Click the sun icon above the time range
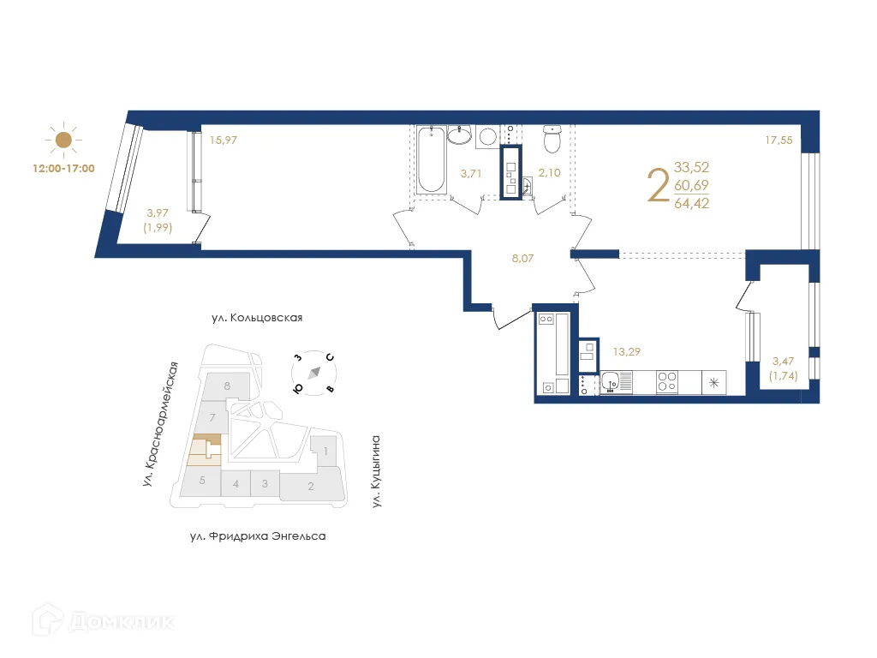pyautogui.click(x=63, y=140)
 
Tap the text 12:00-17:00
pyautogui.click(x=63, y=169)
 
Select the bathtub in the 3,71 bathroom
pyautogui.click(x=432, y=159)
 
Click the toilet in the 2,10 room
pyautogui.click(x=552, y=139)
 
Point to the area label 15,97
pyautogui.click(x=224, y=140)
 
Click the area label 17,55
pyautogui.click(x=779, y=140)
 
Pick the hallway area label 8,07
pyautogui.click(x=523, y=258)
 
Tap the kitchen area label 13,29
pyautogui.click(x=626, y=351)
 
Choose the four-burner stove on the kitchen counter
pyautogui.click(x=667, y=382)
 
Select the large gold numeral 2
pyautogui.click(x=658, y=185)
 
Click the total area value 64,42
pyautogui.click(x=691, y=203)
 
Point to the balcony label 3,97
pyautogui.click(x=158, y=212)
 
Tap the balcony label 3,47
pyautogui.click(x=783, y=361)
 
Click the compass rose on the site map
pyautogui.click(x=313, y=373)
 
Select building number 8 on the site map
pyautogui.click(x=227, y=386)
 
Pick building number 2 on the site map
pyautogui.click(x=310, y=487)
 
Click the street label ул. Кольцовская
pyautogui.click(x=257, y=317)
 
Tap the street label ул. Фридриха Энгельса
pyautogui.click(x=258, y=536)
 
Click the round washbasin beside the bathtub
pyautogui.click(x=460, y=135)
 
